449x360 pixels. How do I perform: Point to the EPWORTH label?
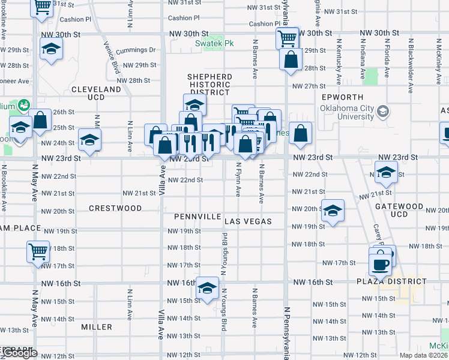click(342, 97)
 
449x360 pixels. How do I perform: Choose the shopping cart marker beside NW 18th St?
click(38, 251)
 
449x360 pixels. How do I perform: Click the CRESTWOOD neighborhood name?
click(115, 208)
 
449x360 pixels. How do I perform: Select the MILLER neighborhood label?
click(97, 327)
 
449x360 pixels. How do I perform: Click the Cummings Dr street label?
click(137, 50)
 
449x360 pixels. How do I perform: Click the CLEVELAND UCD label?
click(96, 93)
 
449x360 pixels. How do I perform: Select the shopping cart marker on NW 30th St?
click(287, 38)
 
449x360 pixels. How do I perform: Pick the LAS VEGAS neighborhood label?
click(249, 221)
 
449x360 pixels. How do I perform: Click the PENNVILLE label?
click(197, 216)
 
